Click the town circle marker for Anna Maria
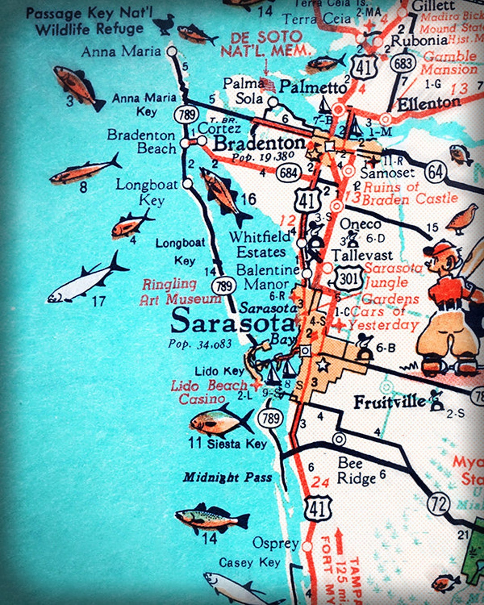click(x=172, y=51)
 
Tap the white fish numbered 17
click(x=87, y=280)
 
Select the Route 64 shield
click(x=435, y=172)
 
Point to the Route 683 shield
click(x=403, y=63)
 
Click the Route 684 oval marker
click(x=288, y=173)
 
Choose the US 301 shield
click(x=348, y=279)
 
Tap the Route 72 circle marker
click(x=439, y=504)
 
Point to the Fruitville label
click(x=389, y=402)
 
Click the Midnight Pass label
click(x=227, y=478)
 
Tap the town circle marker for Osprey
click(x=307, y=546)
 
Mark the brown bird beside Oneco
click(x=462, y=219)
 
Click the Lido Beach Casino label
click(x=208, y=392)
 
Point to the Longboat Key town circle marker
click(x=188, y=183)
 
